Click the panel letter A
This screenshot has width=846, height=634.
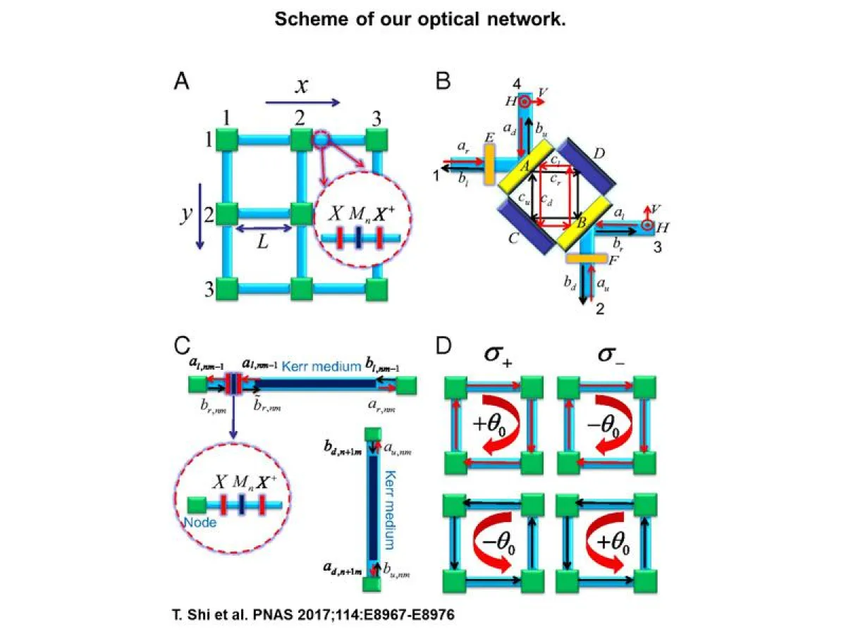tap(181, 82)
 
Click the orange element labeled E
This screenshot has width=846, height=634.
tap(489, 164)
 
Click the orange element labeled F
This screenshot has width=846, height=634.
tap(587, 259)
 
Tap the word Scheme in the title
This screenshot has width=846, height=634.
tap(305, 19)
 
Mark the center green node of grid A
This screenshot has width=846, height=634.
tap(302, 213)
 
